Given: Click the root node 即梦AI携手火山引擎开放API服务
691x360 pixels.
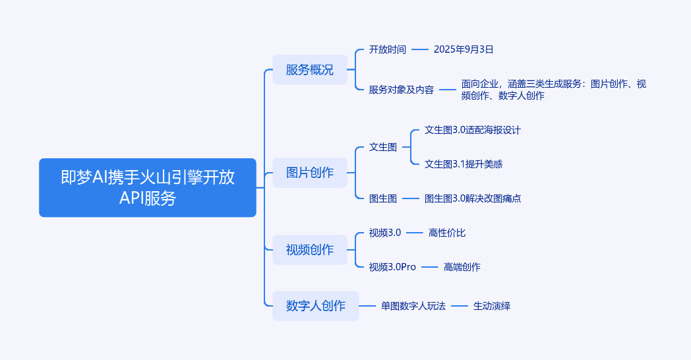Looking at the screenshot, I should (x=147, y=187).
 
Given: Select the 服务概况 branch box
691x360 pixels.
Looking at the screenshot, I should (x=309, y=70).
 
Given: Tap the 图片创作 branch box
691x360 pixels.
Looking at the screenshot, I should (x=309, y=173).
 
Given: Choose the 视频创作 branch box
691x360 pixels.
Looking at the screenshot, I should (x=309, y=250).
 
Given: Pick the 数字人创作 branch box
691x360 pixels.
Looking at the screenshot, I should (x=315, y=306).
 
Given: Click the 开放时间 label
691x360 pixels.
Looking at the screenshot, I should (x=388, y=49).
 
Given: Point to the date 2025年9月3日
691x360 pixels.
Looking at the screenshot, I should (x=464, y=49).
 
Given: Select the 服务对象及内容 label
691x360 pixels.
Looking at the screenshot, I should (x=402, y=90).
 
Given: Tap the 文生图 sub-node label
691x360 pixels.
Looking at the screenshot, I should (x=383, y=147).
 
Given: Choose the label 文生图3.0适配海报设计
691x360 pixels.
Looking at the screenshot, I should (x=473, y=130).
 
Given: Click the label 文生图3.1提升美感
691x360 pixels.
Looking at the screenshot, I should (x=464, y=164).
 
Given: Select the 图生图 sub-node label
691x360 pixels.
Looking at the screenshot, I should (x=383, y=198).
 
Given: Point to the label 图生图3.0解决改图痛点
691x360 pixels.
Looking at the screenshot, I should (x=473, y=198).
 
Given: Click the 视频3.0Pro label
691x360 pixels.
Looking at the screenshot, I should (x=392, y=267).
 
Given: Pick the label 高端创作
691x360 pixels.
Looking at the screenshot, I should (x=462, y=267).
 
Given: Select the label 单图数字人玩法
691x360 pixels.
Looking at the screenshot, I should (x=413, y=306).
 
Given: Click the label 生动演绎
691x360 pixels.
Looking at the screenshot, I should (x=492, y=306).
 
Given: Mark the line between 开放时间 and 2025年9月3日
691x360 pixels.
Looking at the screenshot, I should (x=420, y=49).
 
